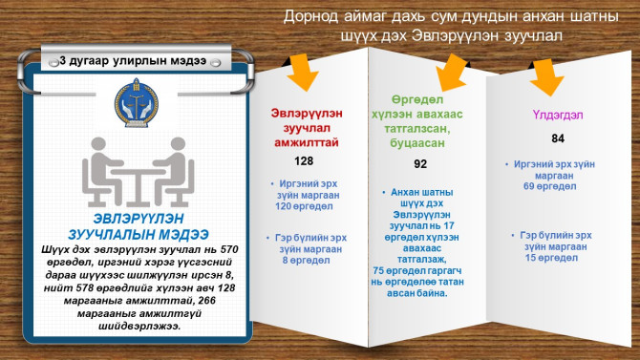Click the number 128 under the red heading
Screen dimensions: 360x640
tap(304, 160)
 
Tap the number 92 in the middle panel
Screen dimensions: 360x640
tap(420, 164)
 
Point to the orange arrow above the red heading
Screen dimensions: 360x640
tap(303, 68)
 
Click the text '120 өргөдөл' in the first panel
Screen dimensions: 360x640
tap(304, 205)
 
